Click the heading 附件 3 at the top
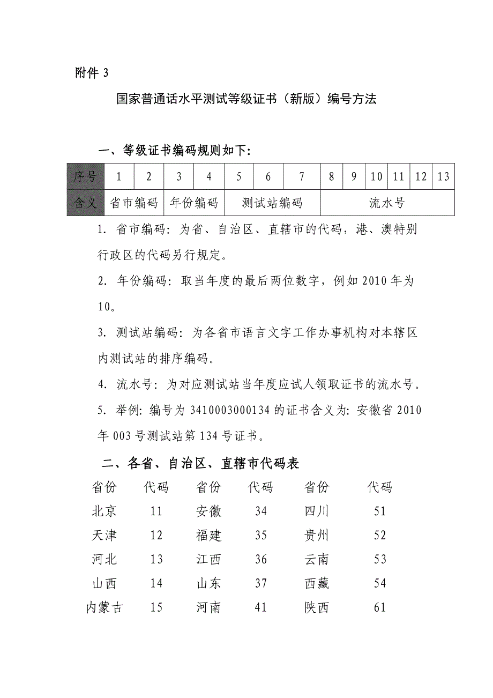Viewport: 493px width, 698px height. coord(92,73)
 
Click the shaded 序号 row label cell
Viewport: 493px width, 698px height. coord(85,176)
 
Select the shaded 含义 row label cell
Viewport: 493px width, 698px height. coord(85,203)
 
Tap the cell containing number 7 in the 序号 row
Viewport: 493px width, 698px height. coord(302,176)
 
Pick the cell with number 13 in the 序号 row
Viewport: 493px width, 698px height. coord(443,176)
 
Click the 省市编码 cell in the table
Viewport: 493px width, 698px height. coord(134,203)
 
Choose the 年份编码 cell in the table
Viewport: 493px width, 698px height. coord(194,203)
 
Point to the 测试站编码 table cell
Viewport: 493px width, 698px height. coord(272,203)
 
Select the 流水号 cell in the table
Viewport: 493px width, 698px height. coord(387,203)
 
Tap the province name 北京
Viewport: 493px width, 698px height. coord(104,511)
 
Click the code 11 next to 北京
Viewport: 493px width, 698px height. coord(156,511)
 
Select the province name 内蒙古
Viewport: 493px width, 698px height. coord(104,608)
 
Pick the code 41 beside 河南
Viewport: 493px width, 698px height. coord(261,608)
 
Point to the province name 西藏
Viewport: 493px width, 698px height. coord(317,584)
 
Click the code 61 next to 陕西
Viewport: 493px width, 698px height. coord(380,608)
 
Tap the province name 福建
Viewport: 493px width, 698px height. coord(209,536)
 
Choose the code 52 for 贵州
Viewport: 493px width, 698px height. coord(380,536)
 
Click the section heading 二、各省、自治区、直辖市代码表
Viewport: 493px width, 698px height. coord(200,463)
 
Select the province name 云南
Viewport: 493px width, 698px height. coord(317,560)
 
